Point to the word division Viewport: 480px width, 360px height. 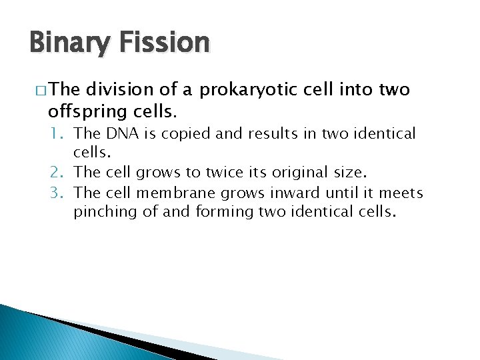tap(119, 90)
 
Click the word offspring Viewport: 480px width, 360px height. tap(79, 107)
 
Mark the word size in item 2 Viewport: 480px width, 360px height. tap(349, 173)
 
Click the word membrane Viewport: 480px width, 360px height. tap(169, 193)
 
